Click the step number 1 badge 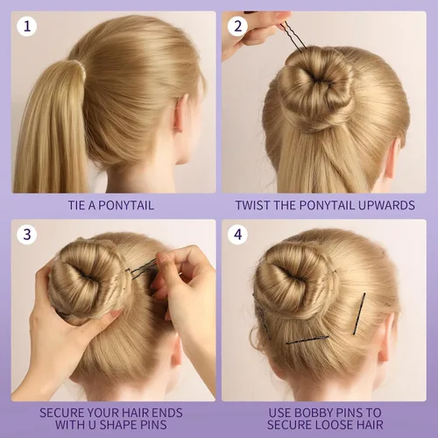coord(27,26)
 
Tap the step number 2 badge coord(237,26)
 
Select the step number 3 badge coord(27,235)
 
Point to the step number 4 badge coord(237,235)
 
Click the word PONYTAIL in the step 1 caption coord(126,205)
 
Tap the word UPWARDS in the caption coord(386,205)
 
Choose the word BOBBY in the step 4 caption coord(313,413)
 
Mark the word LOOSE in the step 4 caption coord(334,425)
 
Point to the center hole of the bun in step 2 coord(314,78)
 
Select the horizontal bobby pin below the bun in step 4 coord(307,340)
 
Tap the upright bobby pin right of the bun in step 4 coord(359,314)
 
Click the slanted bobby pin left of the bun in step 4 coord(263,317)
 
